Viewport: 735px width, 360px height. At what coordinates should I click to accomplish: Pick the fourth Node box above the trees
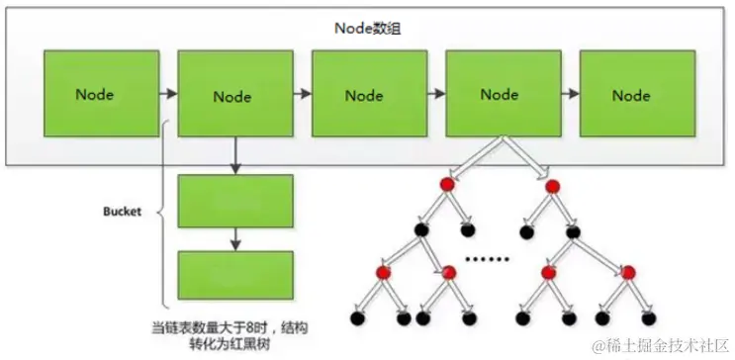coord(500,95)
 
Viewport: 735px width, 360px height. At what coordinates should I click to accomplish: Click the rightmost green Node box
coord(631,95)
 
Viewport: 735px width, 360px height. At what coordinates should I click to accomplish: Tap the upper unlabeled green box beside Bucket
coord(234,201)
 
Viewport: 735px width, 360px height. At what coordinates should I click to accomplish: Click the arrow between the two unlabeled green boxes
coord(234,238)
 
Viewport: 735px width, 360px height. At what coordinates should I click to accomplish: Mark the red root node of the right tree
coord(554,185)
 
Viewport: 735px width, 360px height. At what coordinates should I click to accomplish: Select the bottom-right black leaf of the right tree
coord(650,319)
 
